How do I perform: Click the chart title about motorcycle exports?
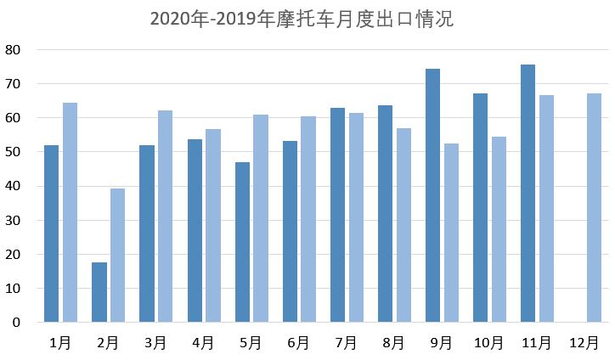[x=302, y=19]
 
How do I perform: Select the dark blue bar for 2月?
[x=99, y=292]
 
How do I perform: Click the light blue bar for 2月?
[x=117, y=255]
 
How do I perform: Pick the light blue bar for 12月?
[x=594, y=208]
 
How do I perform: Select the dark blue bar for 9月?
[x=432, y=195]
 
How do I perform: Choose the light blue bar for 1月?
[x=70, y=212]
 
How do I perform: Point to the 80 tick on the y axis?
[x=12, y=49]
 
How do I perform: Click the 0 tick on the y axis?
[x=15, y=323]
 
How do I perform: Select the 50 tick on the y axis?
[x=12, y=152]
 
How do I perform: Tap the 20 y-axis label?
[x=12, y=255]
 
